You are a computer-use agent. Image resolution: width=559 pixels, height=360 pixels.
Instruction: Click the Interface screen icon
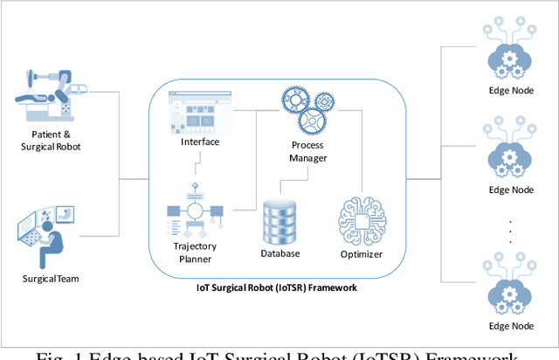point(200,112)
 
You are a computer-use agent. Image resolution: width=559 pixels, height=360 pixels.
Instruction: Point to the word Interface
point(200,142)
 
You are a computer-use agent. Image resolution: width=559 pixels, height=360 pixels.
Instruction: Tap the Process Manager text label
point(307,152)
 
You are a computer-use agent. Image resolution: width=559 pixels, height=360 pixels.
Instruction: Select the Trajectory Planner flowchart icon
point(196,211)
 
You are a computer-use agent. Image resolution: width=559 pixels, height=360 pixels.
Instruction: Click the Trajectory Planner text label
point(196,253)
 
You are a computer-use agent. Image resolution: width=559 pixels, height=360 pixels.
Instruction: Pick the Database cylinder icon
point(279,220)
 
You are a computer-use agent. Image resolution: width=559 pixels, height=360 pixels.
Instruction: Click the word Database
point(279,254)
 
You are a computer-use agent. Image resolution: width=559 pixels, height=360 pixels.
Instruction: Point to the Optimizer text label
point(362,254)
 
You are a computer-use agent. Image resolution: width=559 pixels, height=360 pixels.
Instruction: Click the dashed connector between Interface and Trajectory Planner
point(200,161)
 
